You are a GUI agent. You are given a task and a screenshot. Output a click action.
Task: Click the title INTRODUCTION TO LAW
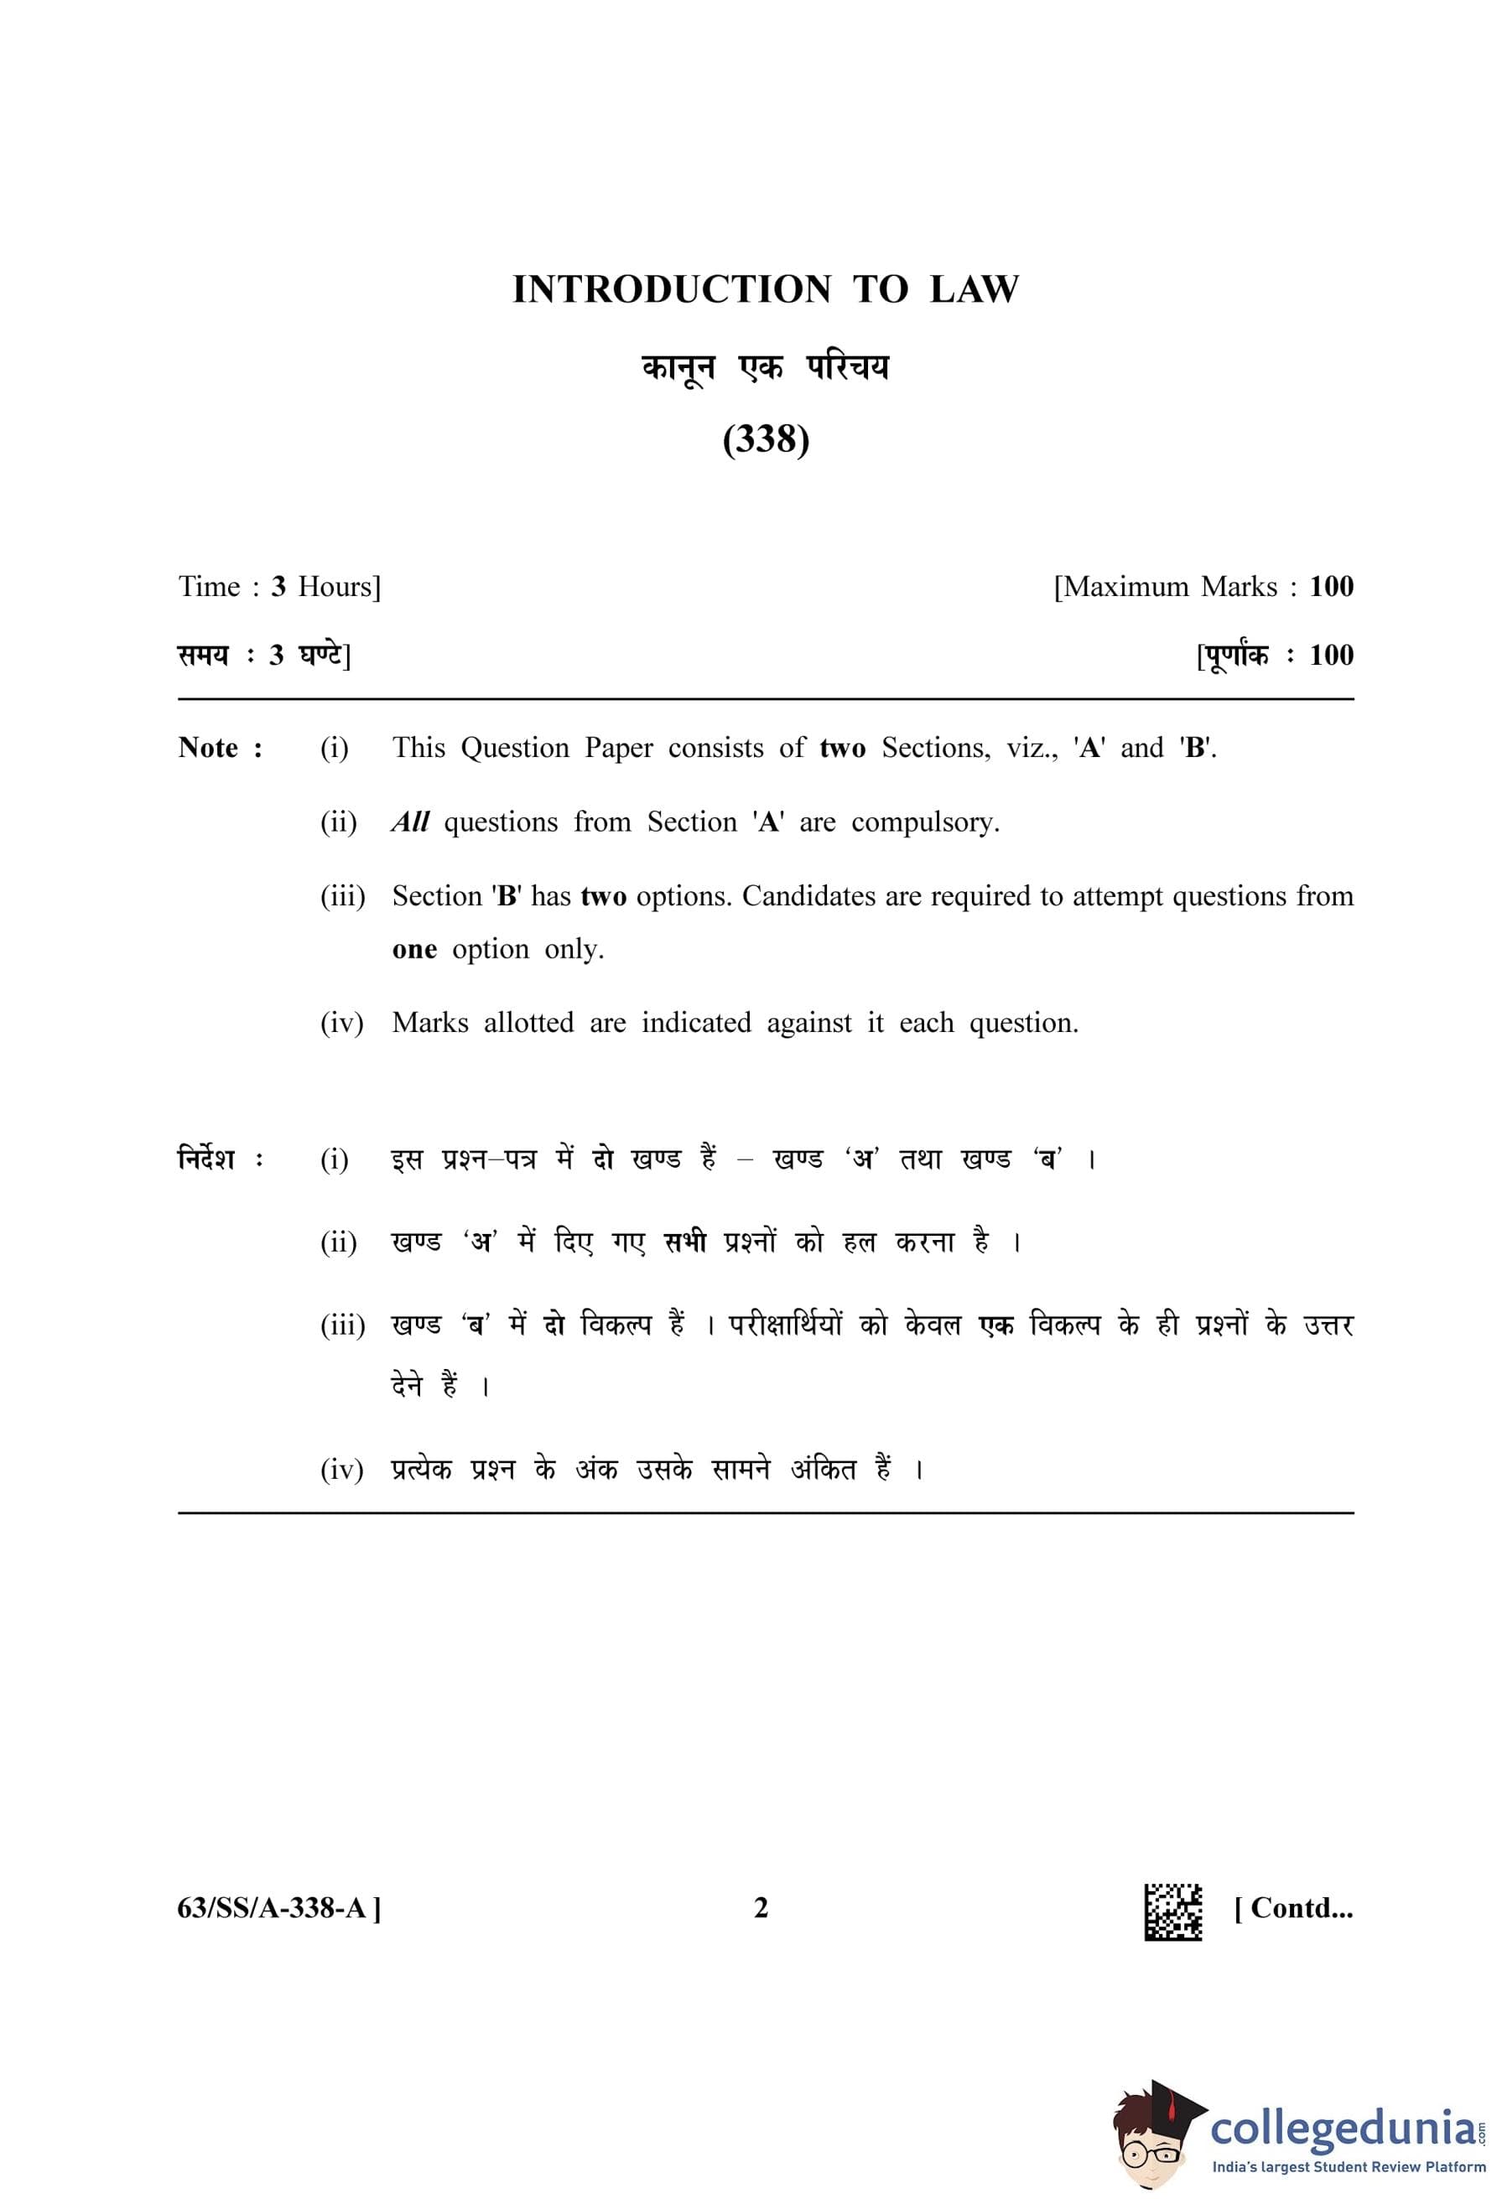[x=765, y=289]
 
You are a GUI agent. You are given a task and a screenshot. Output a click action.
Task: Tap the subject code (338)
[x=765, y=439]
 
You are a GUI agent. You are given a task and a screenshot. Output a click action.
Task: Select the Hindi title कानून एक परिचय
[x=765, y=367]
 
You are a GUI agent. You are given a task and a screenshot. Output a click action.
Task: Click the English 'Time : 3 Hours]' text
[x=279, y=587]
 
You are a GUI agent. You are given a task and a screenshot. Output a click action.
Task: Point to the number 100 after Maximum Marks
[x=1330, y=587]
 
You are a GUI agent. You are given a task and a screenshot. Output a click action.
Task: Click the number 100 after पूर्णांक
[x=1330, y=655]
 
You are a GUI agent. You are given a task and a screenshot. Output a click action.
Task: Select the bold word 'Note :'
[x=221, y=748]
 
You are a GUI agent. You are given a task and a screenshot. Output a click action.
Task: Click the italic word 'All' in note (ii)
[x=410, y=822]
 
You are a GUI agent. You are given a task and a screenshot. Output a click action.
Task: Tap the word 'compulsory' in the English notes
[x=923, y=822]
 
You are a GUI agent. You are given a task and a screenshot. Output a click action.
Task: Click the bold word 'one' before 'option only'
[x=413, y=948]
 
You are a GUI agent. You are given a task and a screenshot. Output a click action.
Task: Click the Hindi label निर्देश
[x=206, y=1158]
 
